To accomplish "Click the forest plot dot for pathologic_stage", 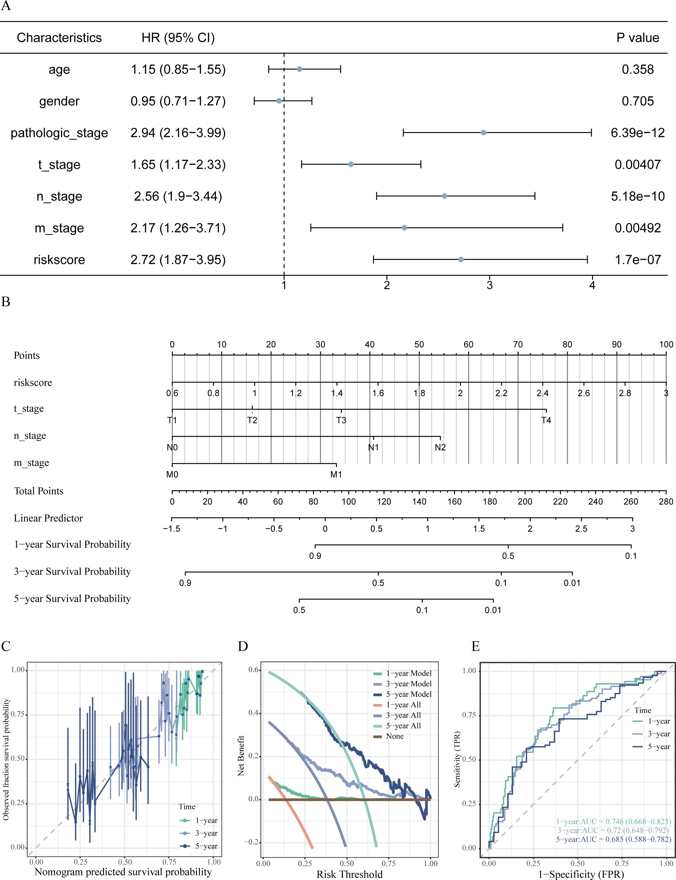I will click(483, 133).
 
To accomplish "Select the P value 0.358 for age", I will click(637, 70).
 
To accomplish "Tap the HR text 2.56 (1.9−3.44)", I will click(178, 196).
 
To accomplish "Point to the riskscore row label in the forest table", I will click(59, 260).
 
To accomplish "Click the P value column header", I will click(637, 38).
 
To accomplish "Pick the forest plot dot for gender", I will click(279, 101).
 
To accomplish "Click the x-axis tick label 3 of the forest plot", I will click(489, 286).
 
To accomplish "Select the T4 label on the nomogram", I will click(546, 420).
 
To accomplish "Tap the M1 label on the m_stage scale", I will click(336, 475).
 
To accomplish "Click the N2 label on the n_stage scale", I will click(440, 448).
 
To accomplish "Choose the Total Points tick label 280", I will click(666, 502).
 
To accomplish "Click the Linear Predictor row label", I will click(48, 518).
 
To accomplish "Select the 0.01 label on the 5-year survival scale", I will click(493, 610).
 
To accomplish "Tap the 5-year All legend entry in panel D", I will click(403, 726).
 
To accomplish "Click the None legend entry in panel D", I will click(394, 736).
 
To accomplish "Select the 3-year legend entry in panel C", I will click(206, 833).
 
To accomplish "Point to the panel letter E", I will click(476, 647).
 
